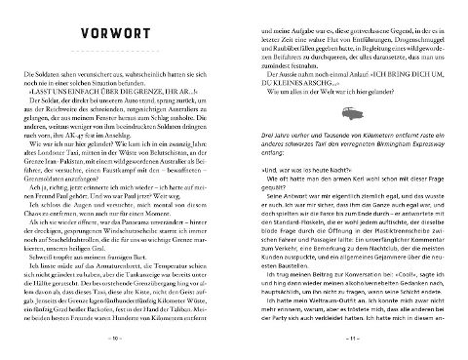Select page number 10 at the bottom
(x=117, y=340)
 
